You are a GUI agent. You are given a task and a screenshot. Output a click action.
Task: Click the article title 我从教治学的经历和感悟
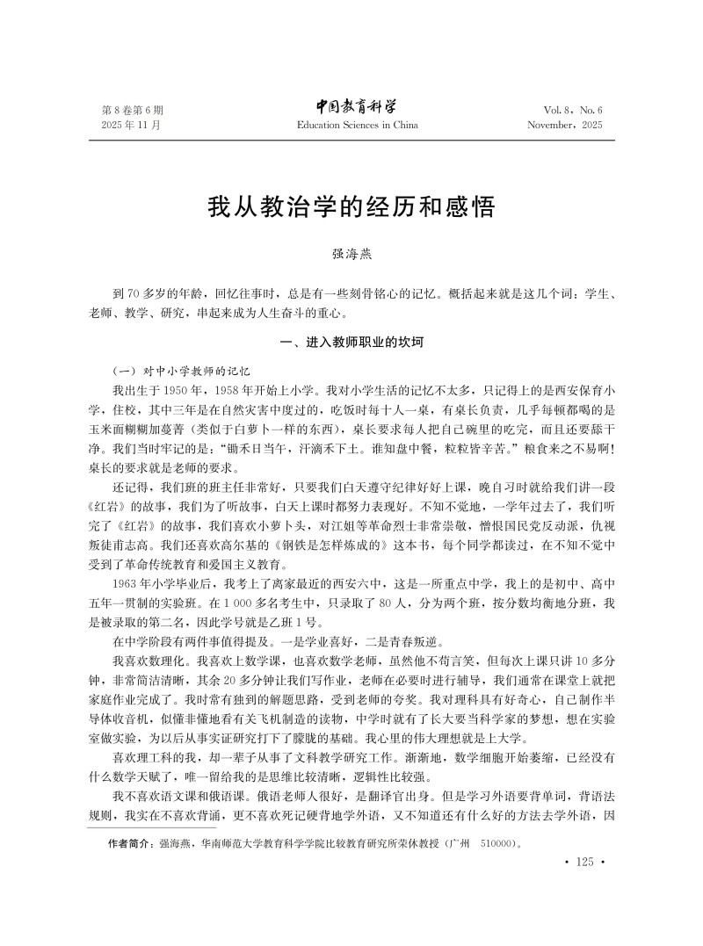(351, 208)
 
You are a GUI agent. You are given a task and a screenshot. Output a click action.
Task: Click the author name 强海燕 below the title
(351, 255)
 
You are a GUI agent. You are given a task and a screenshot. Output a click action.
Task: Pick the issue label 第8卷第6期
(133, 110)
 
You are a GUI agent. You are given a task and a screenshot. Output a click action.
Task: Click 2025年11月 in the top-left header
(133, 126)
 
